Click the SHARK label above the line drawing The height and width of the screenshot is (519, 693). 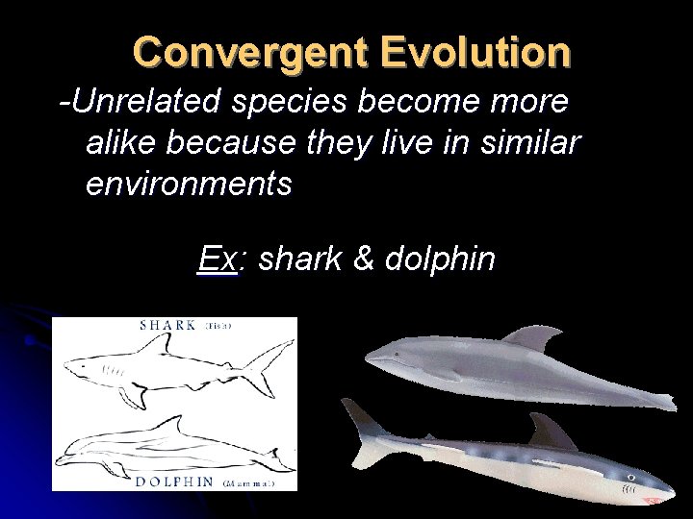168,325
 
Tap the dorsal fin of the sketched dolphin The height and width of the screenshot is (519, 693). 175,422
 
